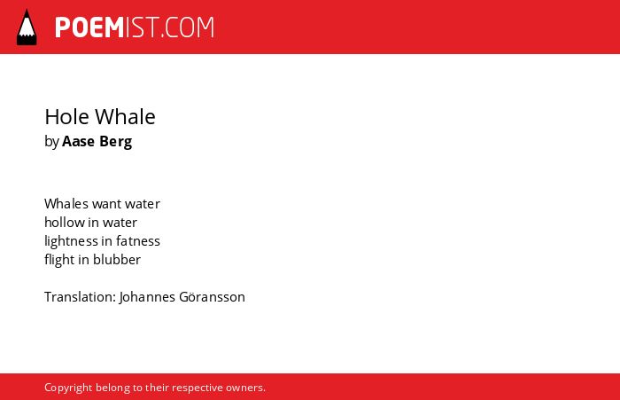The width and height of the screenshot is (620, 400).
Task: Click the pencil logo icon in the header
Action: (x=27, y=27)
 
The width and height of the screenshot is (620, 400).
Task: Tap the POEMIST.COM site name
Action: (x=135, y=27)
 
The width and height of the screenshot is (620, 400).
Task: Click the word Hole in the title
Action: (x=66, y=117)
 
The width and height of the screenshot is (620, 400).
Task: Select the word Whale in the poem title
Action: (x=126, y=117)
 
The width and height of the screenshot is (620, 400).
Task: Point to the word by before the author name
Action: (x=51, y=142)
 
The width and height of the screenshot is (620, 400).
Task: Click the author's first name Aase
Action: (x=78, y=141)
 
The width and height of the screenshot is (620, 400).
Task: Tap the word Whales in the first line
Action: (x=66, y=204)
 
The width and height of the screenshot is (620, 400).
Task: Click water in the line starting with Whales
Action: (x=143, y=204)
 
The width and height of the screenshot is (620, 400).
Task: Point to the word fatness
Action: (x=138, y=240)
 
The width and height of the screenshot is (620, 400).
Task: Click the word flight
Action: (x=59, y=260)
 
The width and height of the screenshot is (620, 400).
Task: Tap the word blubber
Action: (x=117, y=259)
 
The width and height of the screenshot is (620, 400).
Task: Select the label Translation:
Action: (x=80, y=296)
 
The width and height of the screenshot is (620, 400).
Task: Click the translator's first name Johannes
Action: (x=147, y=297)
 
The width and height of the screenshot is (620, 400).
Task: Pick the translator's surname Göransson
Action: (x=212, y=296)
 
